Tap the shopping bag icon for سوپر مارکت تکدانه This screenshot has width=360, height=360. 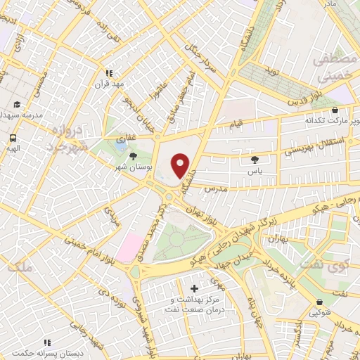pyautogui.click(x=335, y=110)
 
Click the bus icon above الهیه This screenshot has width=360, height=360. pyautogui.click(x=13, y=138)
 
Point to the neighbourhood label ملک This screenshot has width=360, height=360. pyautogui.click(x=23, y=266)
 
